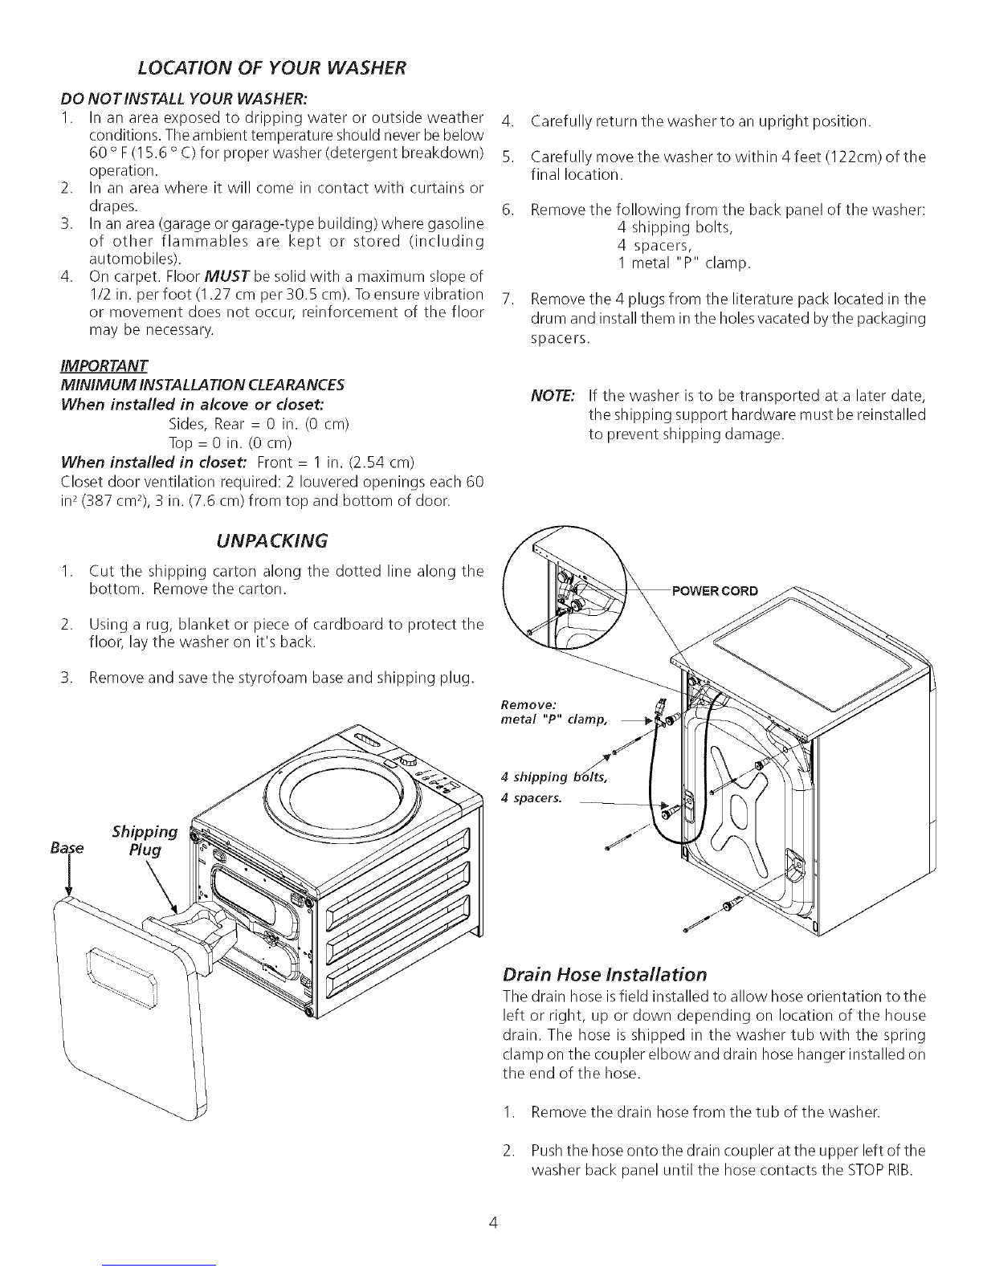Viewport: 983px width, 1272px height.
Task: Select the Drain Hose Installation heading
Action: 604,974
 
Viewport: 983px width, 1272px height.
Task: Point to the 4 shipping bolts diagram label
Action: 553,777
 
